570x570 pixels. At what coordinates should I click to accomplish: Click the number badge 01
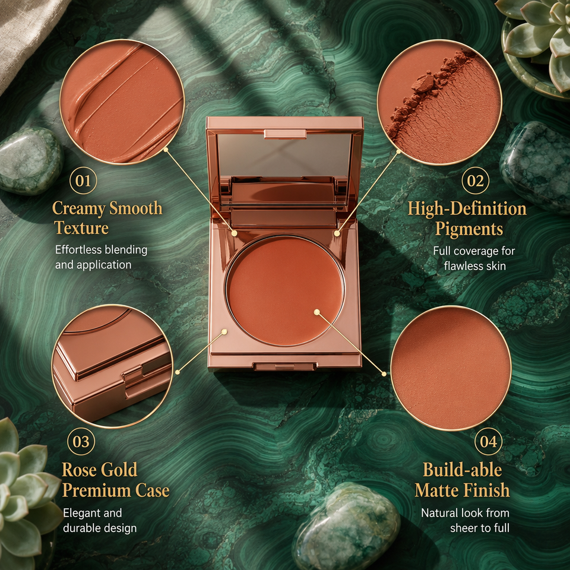point(83,180)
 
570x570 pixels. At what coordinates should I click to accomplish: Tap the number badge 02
point(476,180)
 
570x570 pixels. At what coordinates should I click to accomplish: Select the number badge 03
point(81,442)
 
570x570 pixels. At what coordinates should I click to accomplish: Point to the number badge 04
point(489,442)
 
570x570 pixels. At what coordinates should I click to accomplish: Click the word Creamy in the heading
point(78,209)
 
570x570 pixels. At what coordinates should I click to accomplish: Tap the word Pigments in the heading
point(469,229)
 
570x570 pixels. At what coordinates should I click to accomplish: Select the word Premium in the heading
point(96,490)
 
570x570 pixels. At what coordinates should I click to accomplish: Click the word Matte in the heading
point(436,490)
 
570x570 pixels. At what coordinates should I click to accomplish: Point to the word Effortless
point(78,250)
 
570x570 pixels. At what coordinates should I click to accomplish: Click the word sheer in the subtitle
point(464,528)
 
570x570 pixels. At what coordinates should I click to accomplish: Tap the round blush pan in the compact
point(284,290)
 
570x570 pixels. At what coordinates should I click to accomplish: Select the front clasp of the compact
point(284,366)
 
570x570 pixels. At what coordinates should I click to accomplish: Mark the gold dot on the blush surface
point(316,312)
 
